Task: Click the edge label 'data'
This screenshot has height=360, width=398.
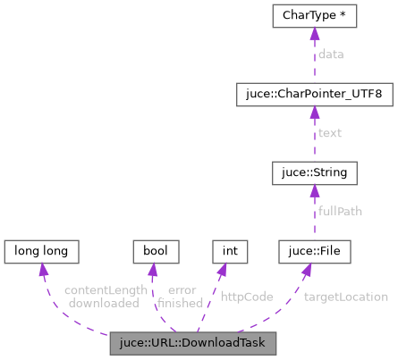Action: tap(331, 54)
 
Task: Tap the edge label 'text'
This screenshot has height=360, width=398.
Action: tap(331, 133)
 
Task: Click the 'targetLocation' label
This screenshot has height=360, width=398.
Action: tap(345, 297)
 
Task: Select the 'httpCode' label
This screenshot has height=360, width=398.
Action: tap(246, 296)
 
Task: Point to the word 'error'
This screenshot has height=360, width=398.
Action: tap(181, 290)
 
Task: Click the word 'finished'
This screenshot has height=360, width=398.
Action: tap(181, 303)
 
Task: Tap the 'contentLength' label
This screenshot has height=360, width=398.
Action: tap(105, 290)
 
